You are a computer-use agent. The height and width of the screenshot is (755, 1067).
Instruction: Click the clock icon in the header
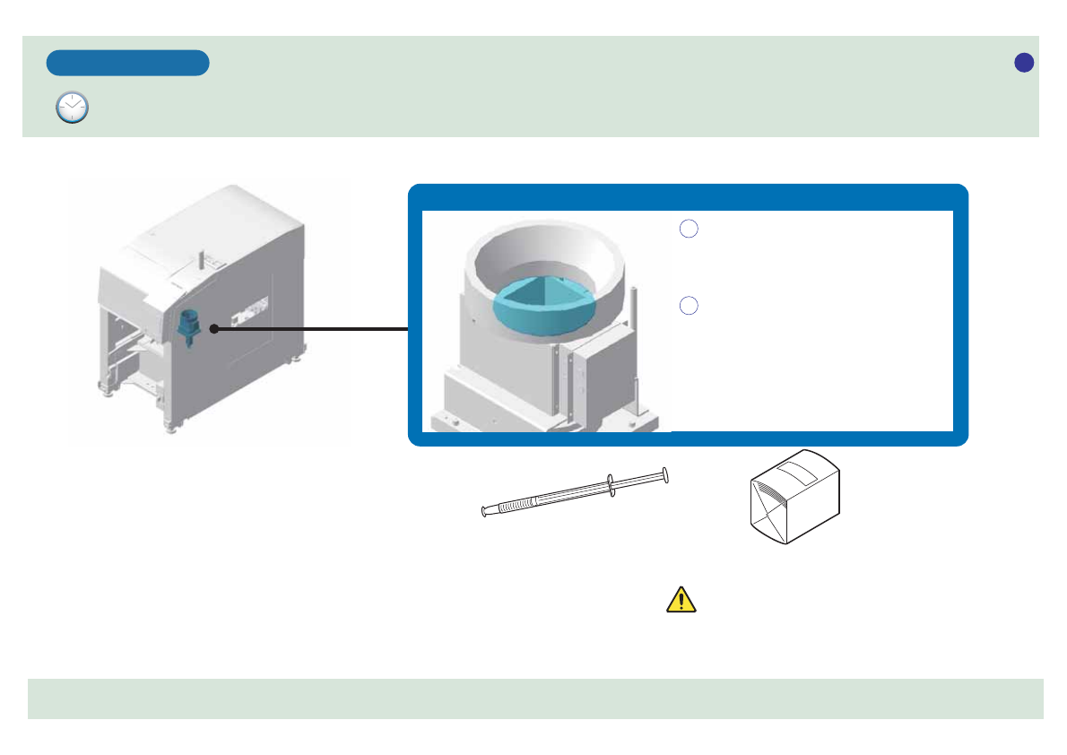pos(72,107)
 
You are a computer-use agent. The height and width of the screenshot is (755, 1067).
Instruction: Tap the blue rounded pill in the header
pos(128,63)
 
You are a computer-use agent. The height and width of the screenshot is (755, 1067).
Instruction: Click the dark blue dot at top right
pos(1024,62)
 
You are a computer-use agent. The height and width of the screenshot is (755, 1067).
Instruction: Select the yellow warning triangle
pos(681,599)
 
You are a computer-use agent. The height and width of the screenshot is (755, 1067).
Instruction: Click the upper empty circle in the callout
pos(688,230)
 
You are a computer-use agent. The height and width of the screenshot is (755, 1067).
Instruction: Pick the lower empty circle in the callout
pos(688,306)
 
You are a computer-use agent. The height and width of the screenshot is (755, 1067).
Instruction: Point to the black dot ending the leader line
pos(214,329)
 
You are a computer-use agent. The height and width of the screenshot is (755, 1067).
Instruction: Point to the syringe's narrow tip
pos(485,512)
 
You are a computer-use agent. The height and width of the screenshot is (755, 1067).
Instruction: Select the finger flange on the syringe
pos(610,484)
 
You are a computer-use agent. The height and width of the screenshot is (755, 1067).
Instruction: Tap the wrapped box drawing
pos(794,498)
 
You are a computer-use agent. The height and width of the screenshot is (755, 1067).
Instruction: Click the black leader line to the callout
pos(314,329)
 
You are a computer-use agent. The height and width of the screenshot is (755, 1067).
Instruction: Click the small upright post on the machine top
pos(201,257)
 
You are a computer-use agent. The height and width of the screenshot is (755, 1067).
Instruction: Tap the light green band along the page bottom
pos(535,699)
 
